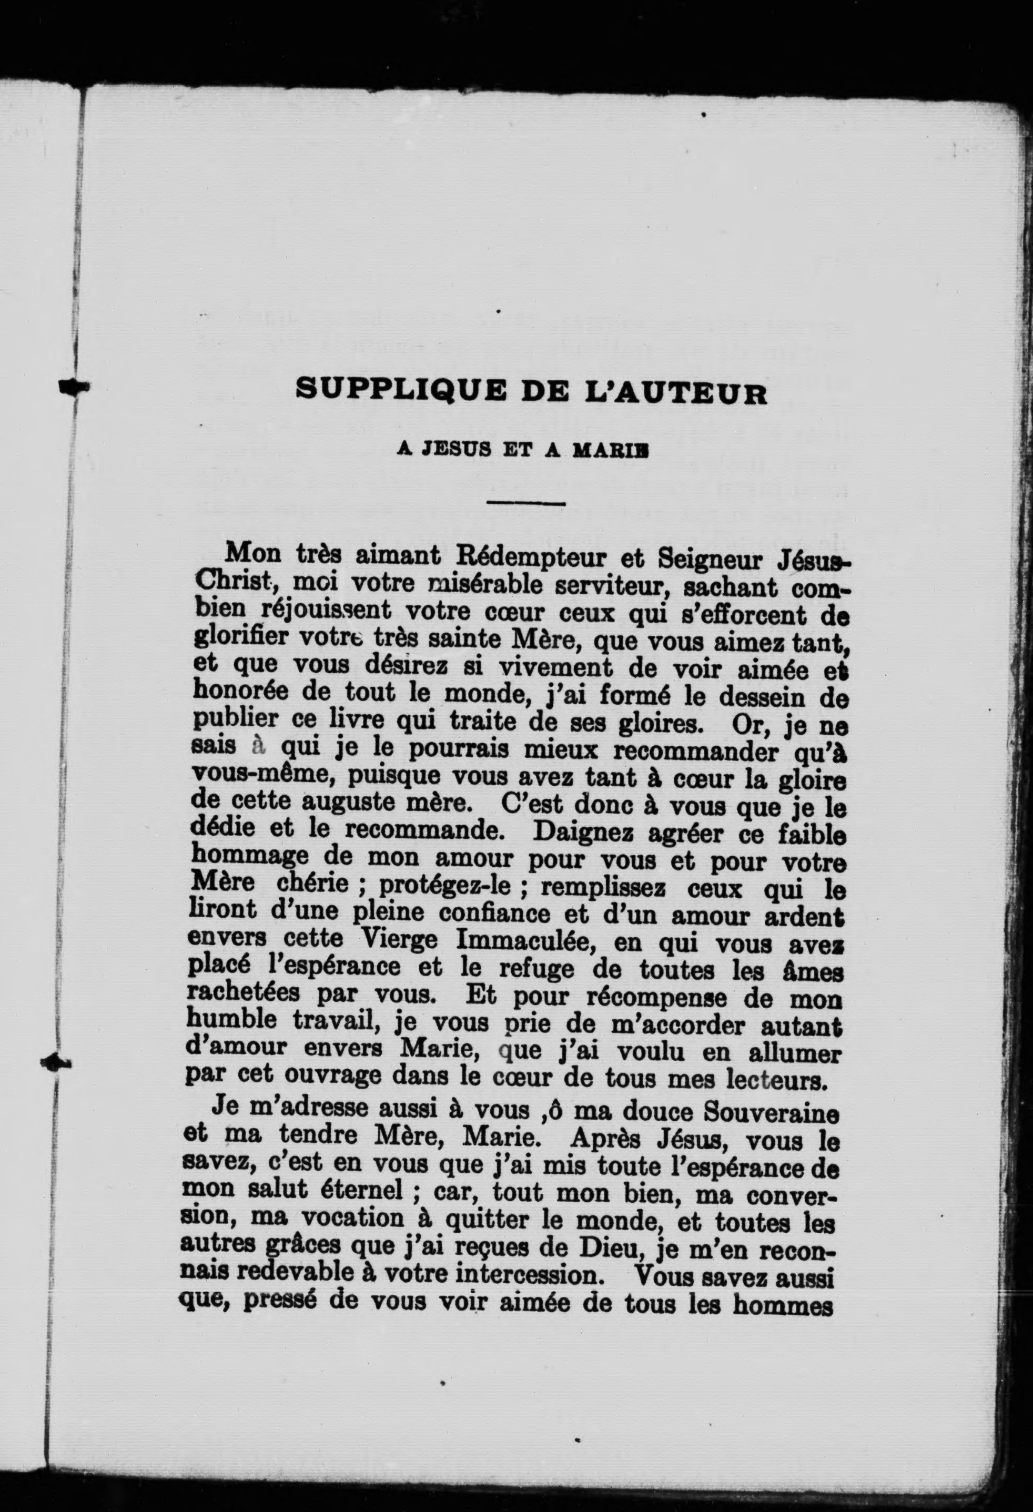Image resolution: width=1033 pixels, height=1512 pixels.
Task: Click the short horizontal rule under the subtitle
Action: (525, 502)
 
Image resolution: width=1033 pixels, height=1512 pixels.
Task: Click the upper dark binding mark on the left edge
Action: (73, 386)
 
